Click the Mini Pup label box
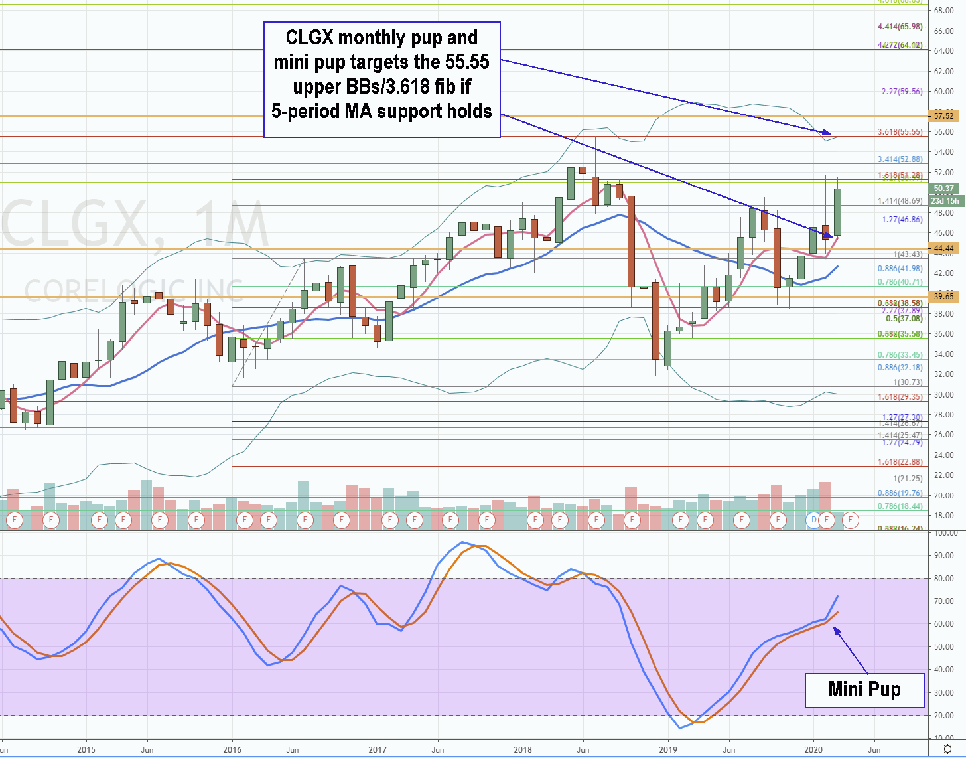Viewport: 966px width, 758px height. click(864, 690)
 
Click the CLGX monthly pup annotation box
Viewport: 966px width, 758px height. click(382, 80)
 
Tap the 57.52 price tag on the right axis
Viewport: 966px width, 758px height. click(943, 116)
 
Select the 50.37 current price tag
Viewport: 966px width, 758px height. click(943, 189)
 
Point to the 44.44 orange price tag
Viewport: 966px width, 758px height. click(943, 248)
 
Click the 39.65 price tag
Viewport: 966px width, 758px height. click(943, 297)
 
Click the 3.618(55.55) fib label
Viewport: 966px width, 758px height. click(900, 132)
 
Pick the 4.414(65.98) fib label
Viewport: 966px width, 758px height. click(900, 27)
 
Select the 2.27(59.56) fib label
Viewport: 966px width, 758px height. click(902, 92)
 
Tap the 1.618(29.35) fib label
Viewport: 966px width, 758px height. click(900, 397)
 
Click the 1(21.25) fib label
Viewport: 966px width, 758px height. click(907, 479)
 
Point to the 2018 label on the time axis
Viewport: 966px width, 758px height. click(523, 750)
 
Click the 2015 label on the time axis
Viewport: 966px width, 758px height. click(86, 750)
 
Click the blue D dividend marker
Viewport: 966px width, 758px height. click(814, 520)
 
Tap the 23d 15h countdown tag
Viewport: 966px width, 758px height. click(944, 201)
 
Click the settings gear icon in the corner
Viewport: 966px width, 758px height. click(947, 749)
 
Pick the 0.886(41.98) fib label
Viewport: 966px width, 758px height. click(900, 269)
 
